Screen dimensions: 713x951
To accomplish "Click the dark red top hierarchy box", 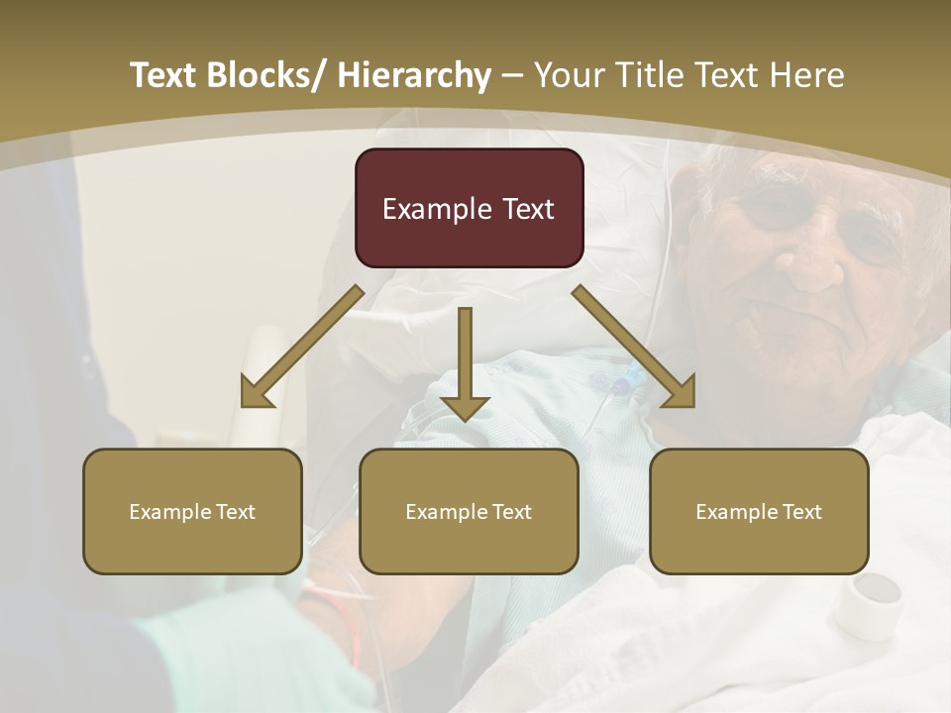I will coord(469,208).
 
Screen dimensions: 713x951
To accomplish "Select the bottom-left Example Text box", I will coord(192,511).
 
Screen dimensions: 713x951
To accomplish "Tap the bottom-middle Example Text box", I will coord(469,511).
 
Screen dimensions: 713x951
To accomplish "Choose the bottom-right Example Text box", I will coord(759,511).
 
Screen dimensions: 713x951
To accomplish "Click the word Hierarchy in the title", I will coord(413,75).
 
